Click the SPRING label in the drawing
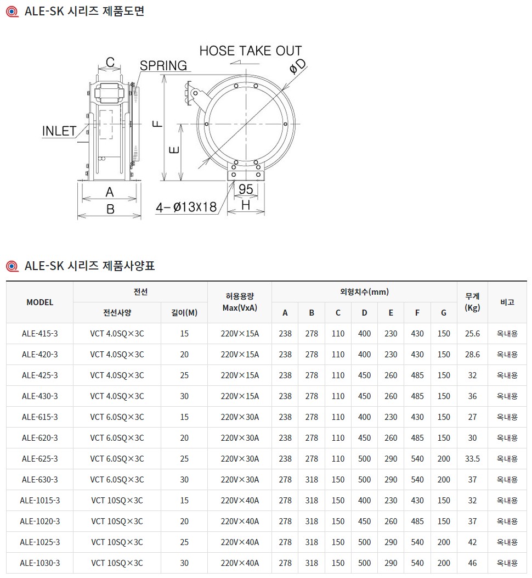[x=163, y=65]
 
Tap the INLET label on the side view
[x=59, y=131]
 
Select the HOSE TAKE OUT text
[x=250, y=51]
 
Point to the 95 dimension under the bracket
[x=246, y=189]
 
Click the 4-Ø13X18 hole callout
[x=186, y=207]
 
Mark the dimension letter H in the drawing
[x=246, y=205]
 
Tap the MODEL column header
[x=39, y=302]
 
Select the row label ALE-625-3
[x=39, y=459]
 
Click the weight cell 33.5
[x=472, y=459]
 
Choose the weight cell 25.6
[x=472, y=334]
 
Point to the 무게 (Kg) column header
[x=472, y=302]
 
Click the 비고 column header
[x=507, y=302]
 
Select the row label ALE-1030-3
[x=39, y=563]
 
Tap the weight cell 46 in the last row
[x=472, y=563]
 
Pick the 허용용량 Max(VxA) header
[x=239, y=302]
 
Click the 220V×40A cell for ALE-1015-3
[x=239, y=501]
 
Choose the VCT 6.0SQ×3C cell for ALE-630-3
[x=117, y=480]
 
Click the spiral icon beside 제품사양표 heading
[x=12, y=267]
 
